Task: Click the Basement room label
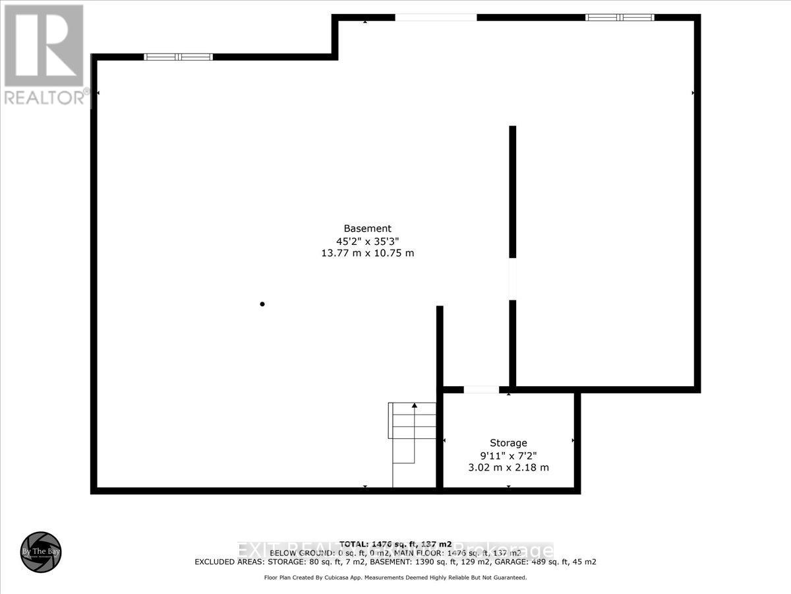coord(368,228)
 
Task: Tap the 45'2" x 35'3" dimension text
coord(368,241)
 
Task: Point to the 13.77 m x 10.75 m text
coord(368,253)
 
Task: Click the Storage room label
coord(508,443)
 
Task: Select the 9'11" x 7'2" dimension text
coord(508,455)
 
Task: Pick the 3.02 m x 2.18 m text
coord(508,468)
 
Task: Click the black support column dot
coord(262,304)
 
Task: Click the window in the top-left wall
coord(178,57)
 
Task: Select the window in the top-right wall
coord(620,17)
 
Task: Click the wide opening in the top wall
coord(436,17)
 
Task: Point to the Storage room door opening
coord(481,389)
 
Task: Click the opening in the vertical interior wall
coord(512,279)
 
